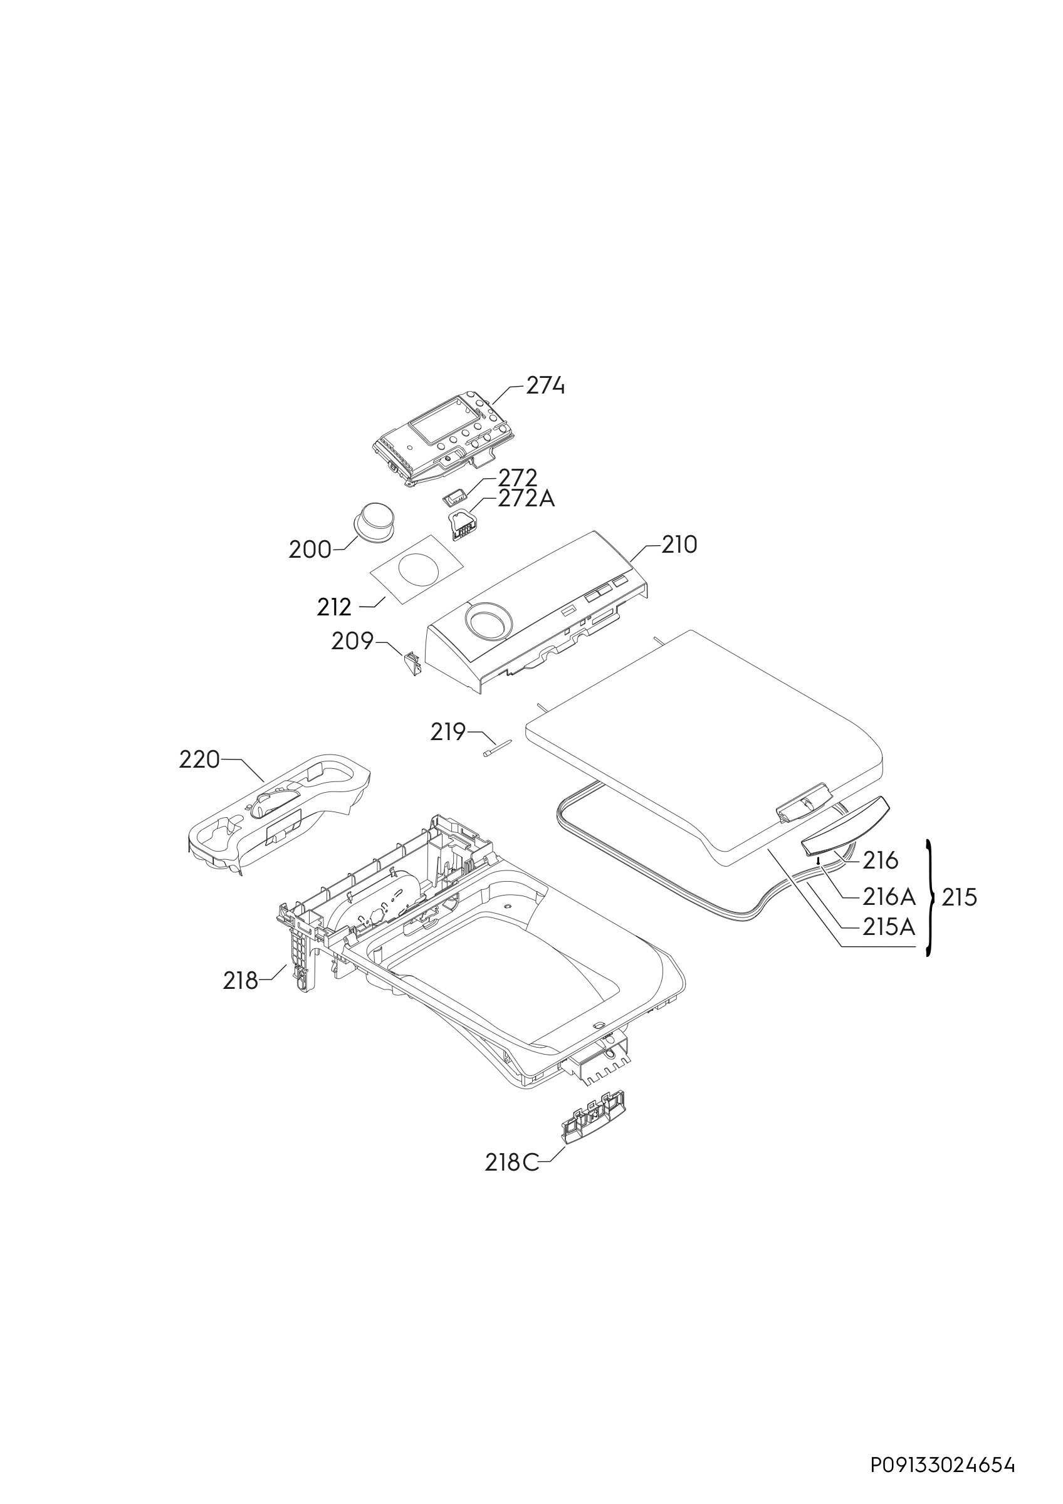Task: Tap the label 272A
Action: point(526,499)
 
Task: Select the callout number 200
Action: point(310,550)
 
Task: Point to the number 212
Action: point(334,607)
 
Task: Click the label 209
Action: point(352,640)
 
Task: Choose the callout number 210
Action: point(679,545)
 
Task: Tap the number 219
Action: point(448,732)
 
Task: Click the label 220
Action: point(199,760)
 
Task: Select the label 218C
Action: point(512,1162)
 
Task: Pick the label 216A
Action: point(889,895)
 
